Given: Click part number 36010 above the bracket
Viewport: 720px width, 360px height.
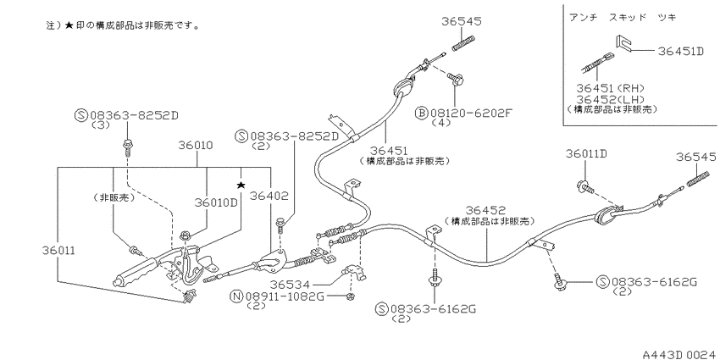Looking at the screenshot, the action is click(x=196, y=146).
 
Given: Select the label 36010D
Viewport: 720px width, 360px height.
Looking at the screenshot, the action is click(x=216, y=202).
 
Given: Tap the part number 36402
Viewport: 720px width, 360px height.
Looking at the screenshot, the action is click(x=269, y=196).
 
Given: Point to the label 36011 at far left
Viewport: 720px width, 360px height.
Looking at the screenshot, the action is click(x=58, y=251).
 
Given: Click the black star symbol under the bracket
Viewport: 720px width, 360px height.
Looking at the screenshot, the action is click(x=241, y=185).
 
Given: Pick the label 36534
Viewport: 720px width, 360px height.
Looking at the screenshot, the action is click(x=290, y=285).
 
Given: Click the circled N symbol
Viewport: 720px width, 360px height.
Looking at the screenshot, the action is click(x=236, y=296).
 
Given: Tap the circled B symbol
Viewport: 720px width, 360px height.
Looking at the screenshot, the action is click(x=421, y=113).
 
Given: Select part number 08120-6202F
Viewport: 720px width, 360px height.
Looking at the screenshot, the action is click(x=470, y=113).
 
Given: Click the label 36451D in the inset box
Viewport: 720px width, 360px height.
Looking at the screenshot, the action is click(x=680, y=51).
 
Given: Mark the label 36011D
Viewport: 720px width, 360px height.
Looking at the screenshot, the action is click(x=586, y=154).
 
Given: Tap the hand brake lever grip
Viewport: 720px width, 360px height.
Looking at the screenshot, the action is click(x=136, y=274).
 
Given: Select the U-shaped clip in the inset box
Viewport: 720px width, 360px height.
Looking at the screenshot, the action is click(x=623, y=42).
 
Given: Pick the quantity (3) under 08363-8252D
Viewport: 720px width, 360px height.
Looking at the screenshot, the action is click(x=101, y=125).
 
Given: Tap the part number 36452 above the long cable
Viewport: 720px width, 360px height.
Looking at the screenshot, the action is click(x=486, y=210).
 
